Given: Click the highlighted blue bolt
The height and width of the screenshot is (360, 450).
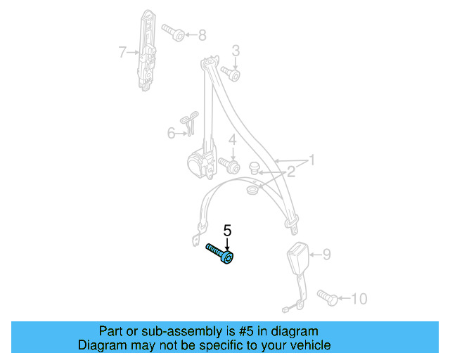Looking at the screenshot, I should [x=220, y=253].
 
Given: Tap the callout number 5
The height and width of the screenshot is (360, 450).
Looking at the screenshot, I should [x=227, y=230].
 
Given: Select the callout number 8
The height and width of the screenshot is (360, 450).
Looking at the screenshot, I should [x=202, y=34].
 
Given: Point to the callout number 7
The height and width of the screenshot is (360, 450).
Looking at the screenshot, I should [x=122, y=51].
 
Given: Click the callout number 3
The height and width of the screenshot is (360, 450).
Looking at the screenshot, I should [x=236, y=50].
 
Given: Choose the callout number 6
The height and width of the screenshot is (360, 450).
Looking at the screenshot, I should [x=171, y=132].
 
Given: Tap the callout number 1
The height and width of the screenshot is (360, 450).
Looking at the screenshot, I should [x=309, y=161].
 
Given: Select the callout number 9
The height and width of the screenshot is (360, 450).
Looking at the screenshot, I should [x=326, y=255].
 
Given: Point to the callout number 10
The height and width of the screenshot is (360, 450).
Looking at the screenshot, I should [x=358, y=299].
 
